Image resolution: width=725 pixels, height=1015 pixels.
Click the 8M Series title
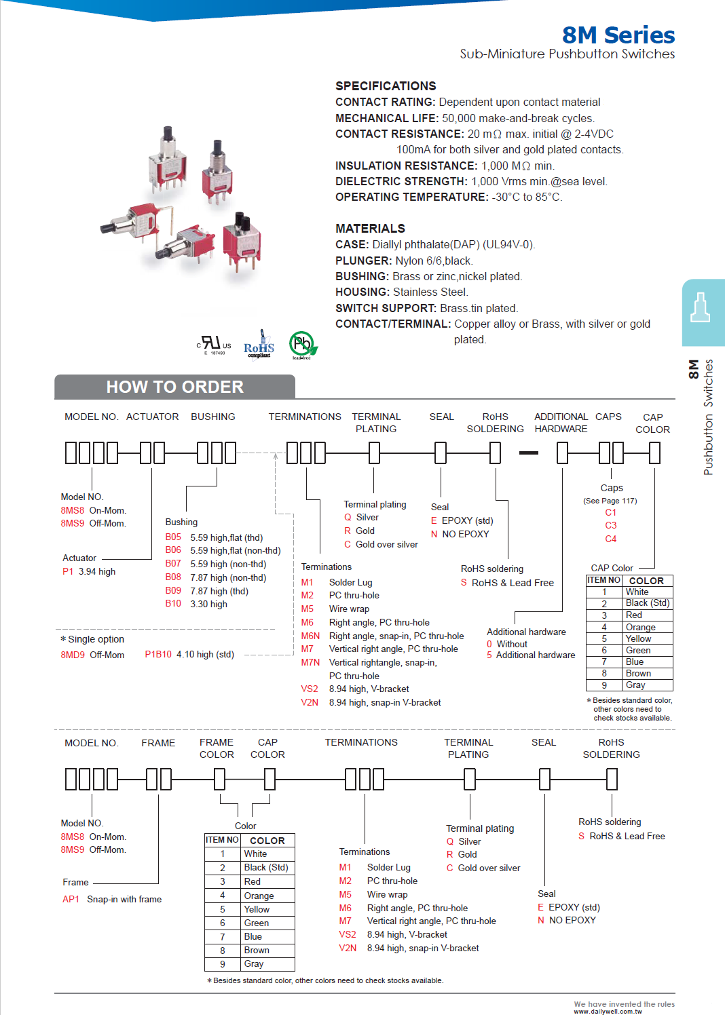(618, 35)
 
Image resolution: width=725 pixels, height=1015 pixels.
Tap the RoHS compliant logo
(259, 346)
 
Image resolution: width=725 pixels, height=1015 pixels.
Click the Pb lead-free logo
(302, 345)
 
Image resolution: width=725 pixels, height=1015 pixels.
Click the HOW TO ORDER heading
(174, 387)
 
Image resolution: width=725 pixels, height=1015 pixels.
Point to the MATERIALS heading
(370, 229)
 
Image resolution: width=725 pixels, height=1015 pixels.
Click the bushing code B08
(173, 577)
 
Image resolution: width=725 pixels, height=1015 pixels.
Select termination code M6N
(310, 636)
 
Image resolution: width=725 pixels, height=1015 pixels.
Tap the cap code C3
(611, 525)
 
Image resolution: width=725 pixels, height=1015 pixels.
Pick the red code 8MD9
(73, 655)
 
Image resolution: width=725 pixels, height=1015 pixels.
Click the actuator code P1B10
(158, 654)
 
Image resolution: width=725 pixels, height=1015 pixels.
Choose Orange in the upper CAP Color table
(640, 627)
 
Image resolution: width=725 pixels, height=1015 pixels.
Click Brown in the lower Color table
(257, 950)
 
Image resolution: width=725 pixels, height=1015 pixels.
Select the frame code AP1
(71, 899)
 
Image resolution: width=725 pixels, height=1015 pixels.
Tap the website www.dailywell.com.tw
(608, 1011)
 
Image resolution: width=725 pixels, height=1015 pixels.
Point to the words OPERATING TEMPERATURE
(411, 197)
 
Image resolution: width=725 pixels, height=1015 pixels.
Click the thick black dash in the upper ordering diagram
(528, 453)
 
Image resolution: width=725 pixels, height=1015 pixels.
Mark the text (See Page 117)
(610, 501)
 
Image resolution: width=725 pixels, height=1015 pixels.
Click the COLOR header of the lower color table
(267, 840)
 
